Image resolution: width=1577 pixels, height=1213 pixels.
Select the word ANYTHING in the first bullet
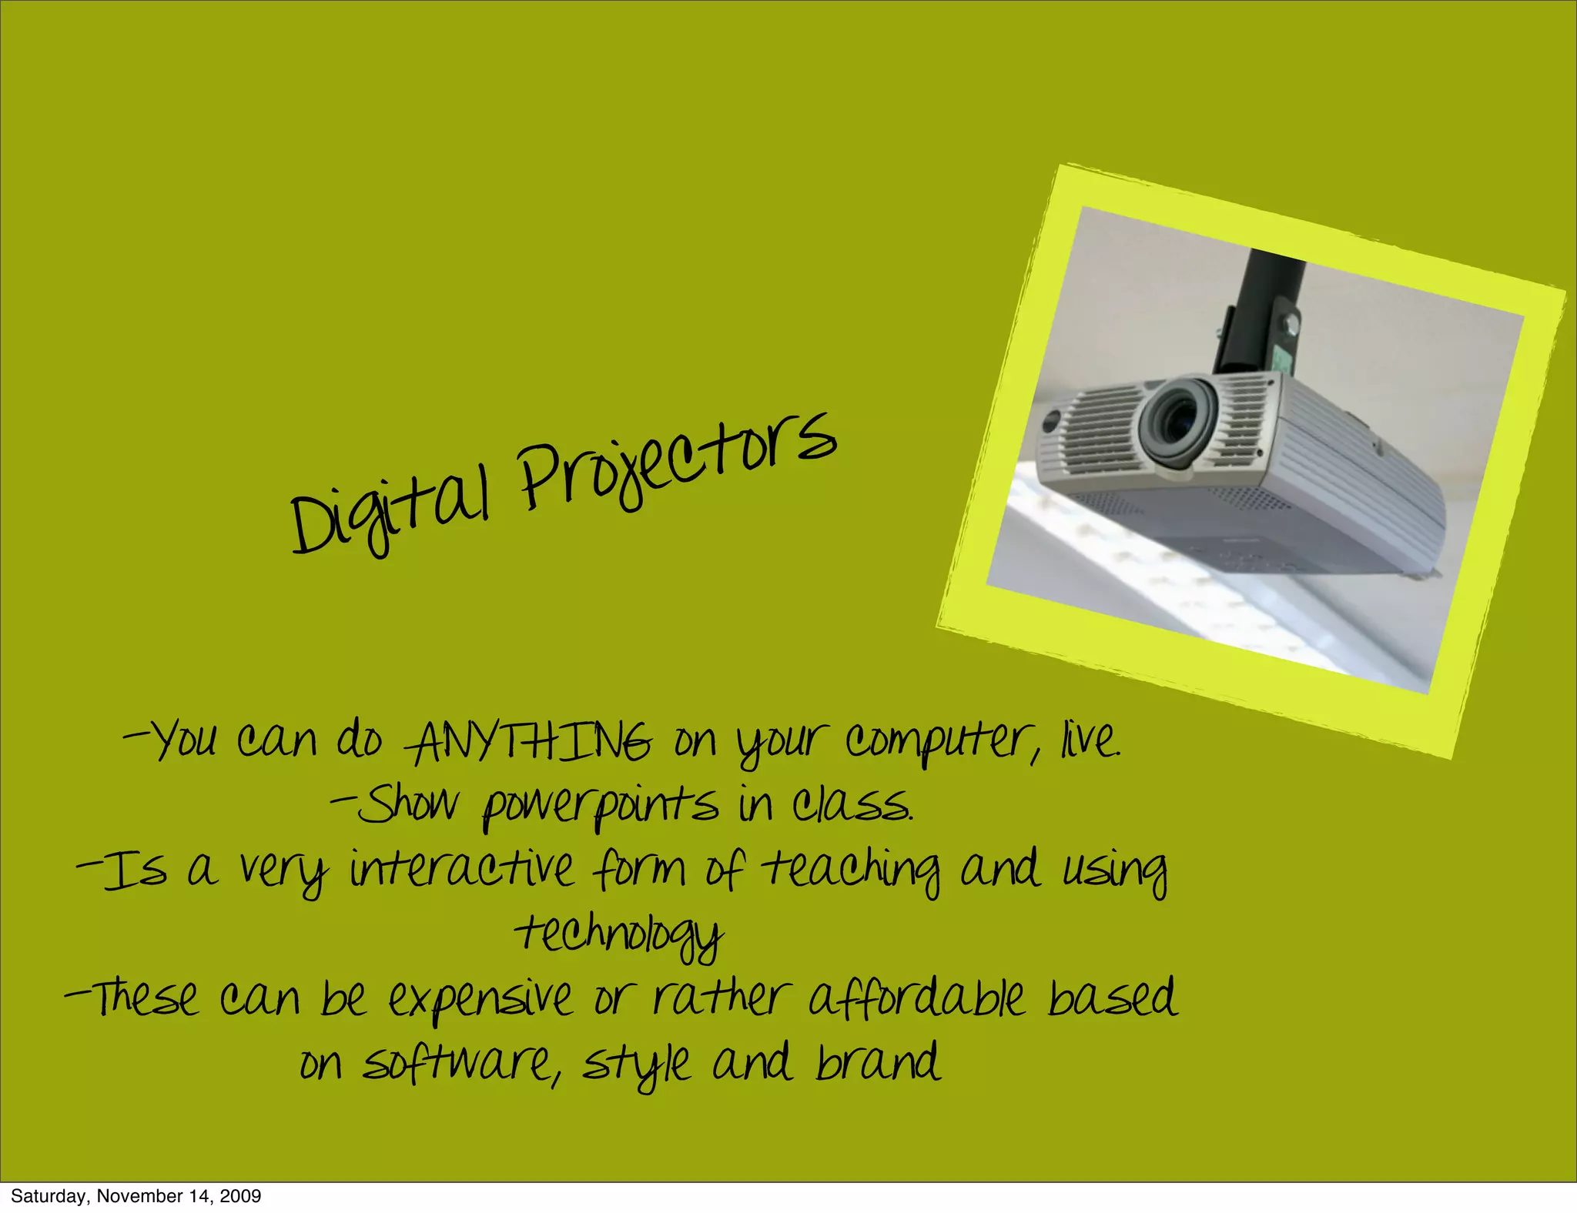point(531,743)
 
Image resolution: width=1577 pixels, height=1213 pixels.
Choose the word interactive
point(462,870)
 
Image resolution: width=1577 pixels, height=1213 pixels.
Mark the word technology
point(620,936)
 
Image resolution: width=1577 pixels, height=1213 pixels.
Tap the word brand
point(878,1062)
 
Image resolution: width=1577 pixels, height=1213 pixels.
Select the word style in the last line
point(636,1065)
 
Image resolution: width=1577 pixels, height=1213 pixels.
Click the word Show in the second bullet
point(408,805)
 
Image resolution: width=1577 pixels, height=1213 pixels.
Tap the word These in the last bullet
point(142,998)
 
